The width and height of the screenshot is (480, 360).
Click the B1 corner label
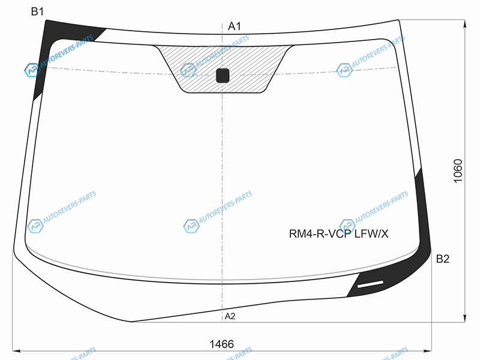pos(37,11)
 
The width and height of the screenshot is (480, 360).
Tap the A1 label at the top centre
pos(235,26)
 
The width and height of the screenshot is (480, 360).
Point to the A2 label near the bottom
pos(230,316)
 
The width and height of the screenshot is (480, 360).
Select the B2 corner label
pos(443,259)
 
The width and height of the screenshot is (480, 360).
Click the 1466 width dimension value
pos(221,344)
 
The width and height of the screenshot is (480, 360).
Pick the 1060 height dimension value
pos(458,171)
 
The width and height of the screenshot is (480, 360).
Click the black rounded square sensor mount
pos(223,76)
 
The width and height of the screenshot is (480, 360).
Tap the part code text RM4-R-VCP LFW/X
pos(338,234)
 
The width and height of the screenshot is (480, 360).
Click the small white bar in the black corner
pos(370,284)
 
